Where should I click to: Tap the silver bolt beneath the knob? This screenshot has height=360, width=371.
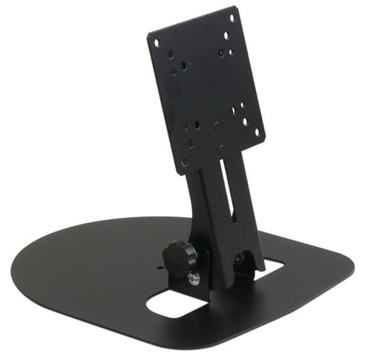click(x=194, y=278)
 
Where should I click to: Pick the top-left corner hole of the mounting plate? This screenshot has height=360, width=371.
click(x=157, y=42)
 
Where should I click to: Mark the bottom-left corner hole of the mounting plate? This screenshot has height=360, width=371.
click(x=184, y=163)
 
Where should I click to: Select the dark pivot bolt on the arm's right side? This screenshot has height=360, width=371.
click(x=239, y=259)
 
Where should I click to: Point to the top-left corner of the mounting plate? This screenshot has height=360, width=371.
click(x=149, y=33)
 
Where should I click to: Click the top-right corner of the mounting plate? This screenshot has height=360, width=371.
click(x=236, y=7)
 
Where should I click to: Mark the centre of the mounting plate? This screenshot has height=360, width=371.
click(x=207, y=89)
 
